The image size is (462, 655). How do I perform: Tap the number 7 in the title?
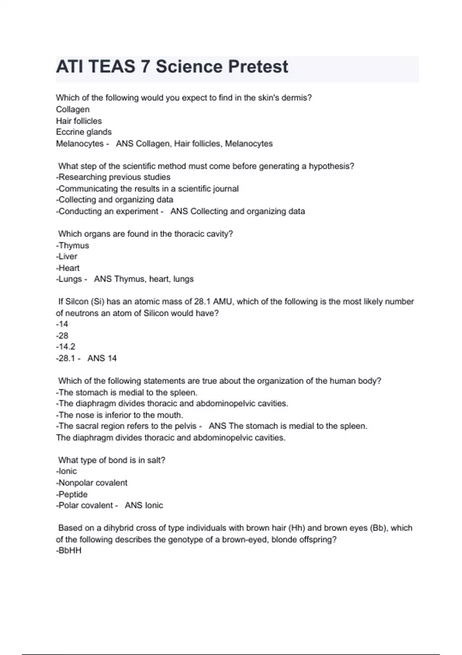pos(145,67)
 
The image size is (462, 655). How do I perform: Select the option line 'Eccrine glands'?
pos(84,132)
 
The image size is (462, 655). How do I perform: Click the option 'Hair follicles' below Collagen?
pos(79,121)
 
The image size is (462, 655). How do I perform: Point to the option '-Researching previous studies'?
pos(113,177)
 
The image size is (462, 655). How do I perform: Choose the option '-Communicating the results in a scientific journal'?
pos(147,189)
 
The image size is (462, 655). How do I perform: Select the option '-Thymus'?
pos(72,245)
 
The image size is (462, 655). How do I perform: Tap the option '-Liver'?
pos(67,257)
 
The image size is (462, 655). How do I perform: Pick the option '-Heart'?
pos(68,268)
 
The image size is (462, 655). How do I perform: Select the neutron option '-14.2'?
pos(65,347)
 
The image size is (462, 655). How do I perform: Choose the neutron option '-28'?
pos(62,336)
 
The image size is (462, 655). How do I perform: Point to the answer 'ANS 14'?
pos(102,358)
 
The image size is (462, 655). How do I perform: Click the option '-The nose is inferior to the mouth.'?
pos(119,415)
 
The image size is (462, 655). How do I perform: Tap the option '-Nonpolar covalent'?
pos(92,483)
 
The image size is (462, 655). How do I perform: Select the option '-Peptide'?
pos(72,494)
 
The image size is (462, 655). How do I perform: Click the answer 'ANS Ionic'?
pos(144,506)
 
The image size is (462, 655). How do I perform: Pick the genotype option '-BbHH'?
pos(69,551)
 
